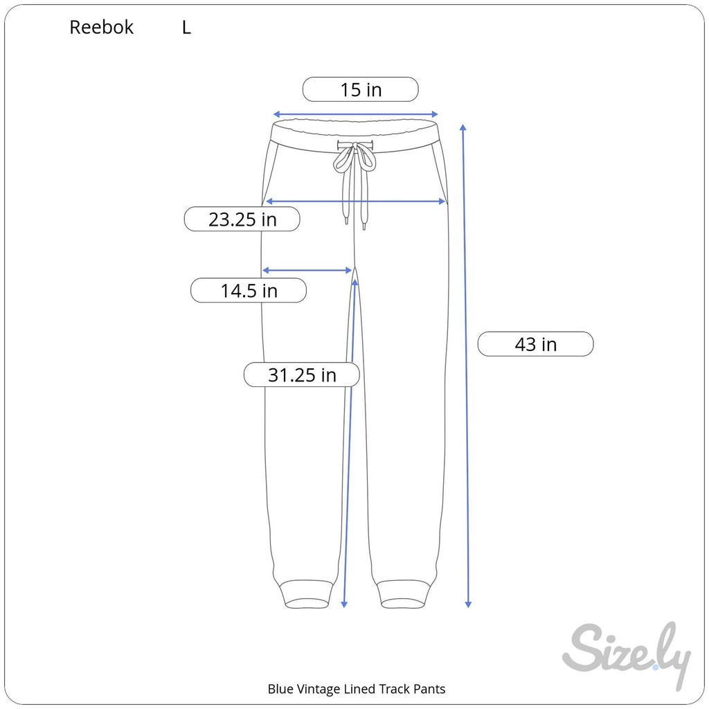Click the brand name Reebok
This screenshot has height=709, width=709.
coord(101,28)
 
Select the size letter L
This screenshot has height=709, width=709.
coord(186,28)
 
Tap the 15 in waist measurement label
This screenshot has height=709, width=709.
coord(360,89)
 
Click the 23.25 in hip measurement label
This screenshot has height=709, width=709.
coord(242,219)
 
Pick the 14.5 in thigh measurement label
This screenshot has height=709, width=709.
coord(249,290)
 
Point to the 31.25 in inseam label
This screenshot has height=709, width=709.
coord(302,375)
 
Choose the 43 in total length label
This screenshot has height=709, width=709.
coord(535,344)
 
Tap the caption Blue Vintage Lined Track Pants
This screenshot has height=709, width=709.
coord(357,689)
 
